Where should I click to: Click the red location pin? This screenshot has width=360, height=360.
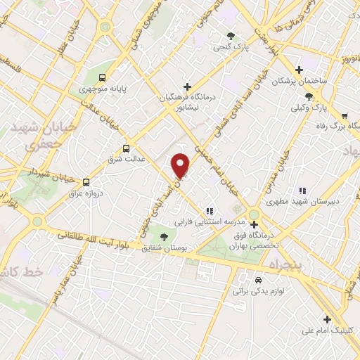[x=181, y=165]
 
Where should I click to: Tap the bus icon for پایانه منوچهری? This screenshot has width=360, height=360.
[x=103, y=77]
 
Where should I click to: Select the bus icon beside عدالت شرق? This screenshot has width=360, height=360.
[x=127, y=148]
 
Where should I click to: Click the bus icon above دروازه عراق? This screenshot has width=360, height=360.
[x=86, y=181]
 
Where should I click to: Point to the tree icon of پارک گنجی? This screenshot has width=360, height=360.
[x=230, y=37]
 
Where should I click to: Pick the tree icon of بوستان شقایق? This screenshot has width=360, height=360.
[x=164, y=236]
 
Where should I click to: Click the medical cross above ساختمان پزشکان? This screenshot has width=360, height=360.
[x=300, y=70]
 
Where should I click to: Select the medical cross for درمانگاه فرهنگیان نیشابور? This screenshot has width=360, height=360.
[x=187, y=86]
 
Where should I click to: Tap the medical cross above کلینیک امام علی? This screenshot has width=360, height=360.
[x=326, y=319]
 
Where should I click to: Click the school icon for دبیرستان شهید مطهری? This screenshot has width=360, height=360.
[x=302, y=190]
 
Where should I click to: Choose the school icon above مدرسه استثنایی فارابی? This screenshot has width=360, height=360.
[x=210, y=210]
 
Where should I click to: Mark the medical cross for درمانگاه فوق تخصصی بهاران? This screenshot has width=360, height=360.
[x=254, y=225]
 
